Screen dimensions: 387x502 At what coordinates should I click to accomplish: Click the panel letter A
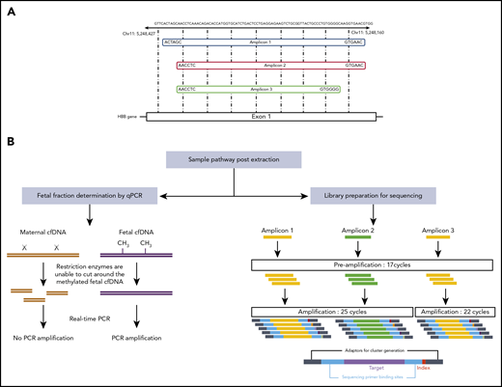point(9,9)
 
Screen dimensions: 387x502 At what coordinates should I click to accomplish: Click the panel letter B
point(9,146)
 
